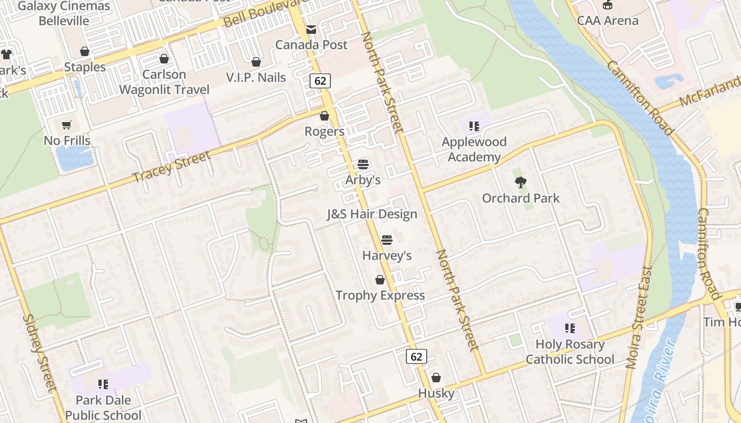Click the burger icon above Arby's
363,164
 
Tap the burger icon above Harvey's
387,240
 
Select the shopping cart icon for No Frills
67,125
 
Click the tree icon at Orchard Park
521,183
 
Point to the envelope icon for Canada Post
311,30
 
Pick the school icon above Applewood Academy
474,126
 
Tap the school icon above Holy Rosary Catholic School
570,328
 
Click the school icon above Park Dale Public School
103,384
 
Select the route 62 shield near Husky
417,356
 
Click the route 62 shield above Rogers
320,81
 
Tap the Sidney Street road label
40,353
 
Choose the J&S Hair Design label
372,214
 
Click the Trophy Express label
380,296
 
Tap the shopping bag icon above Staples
85,52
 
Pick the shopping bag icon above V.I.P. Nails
256,62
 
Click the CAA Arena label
608,21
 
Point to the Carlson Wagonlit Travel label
164,82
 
